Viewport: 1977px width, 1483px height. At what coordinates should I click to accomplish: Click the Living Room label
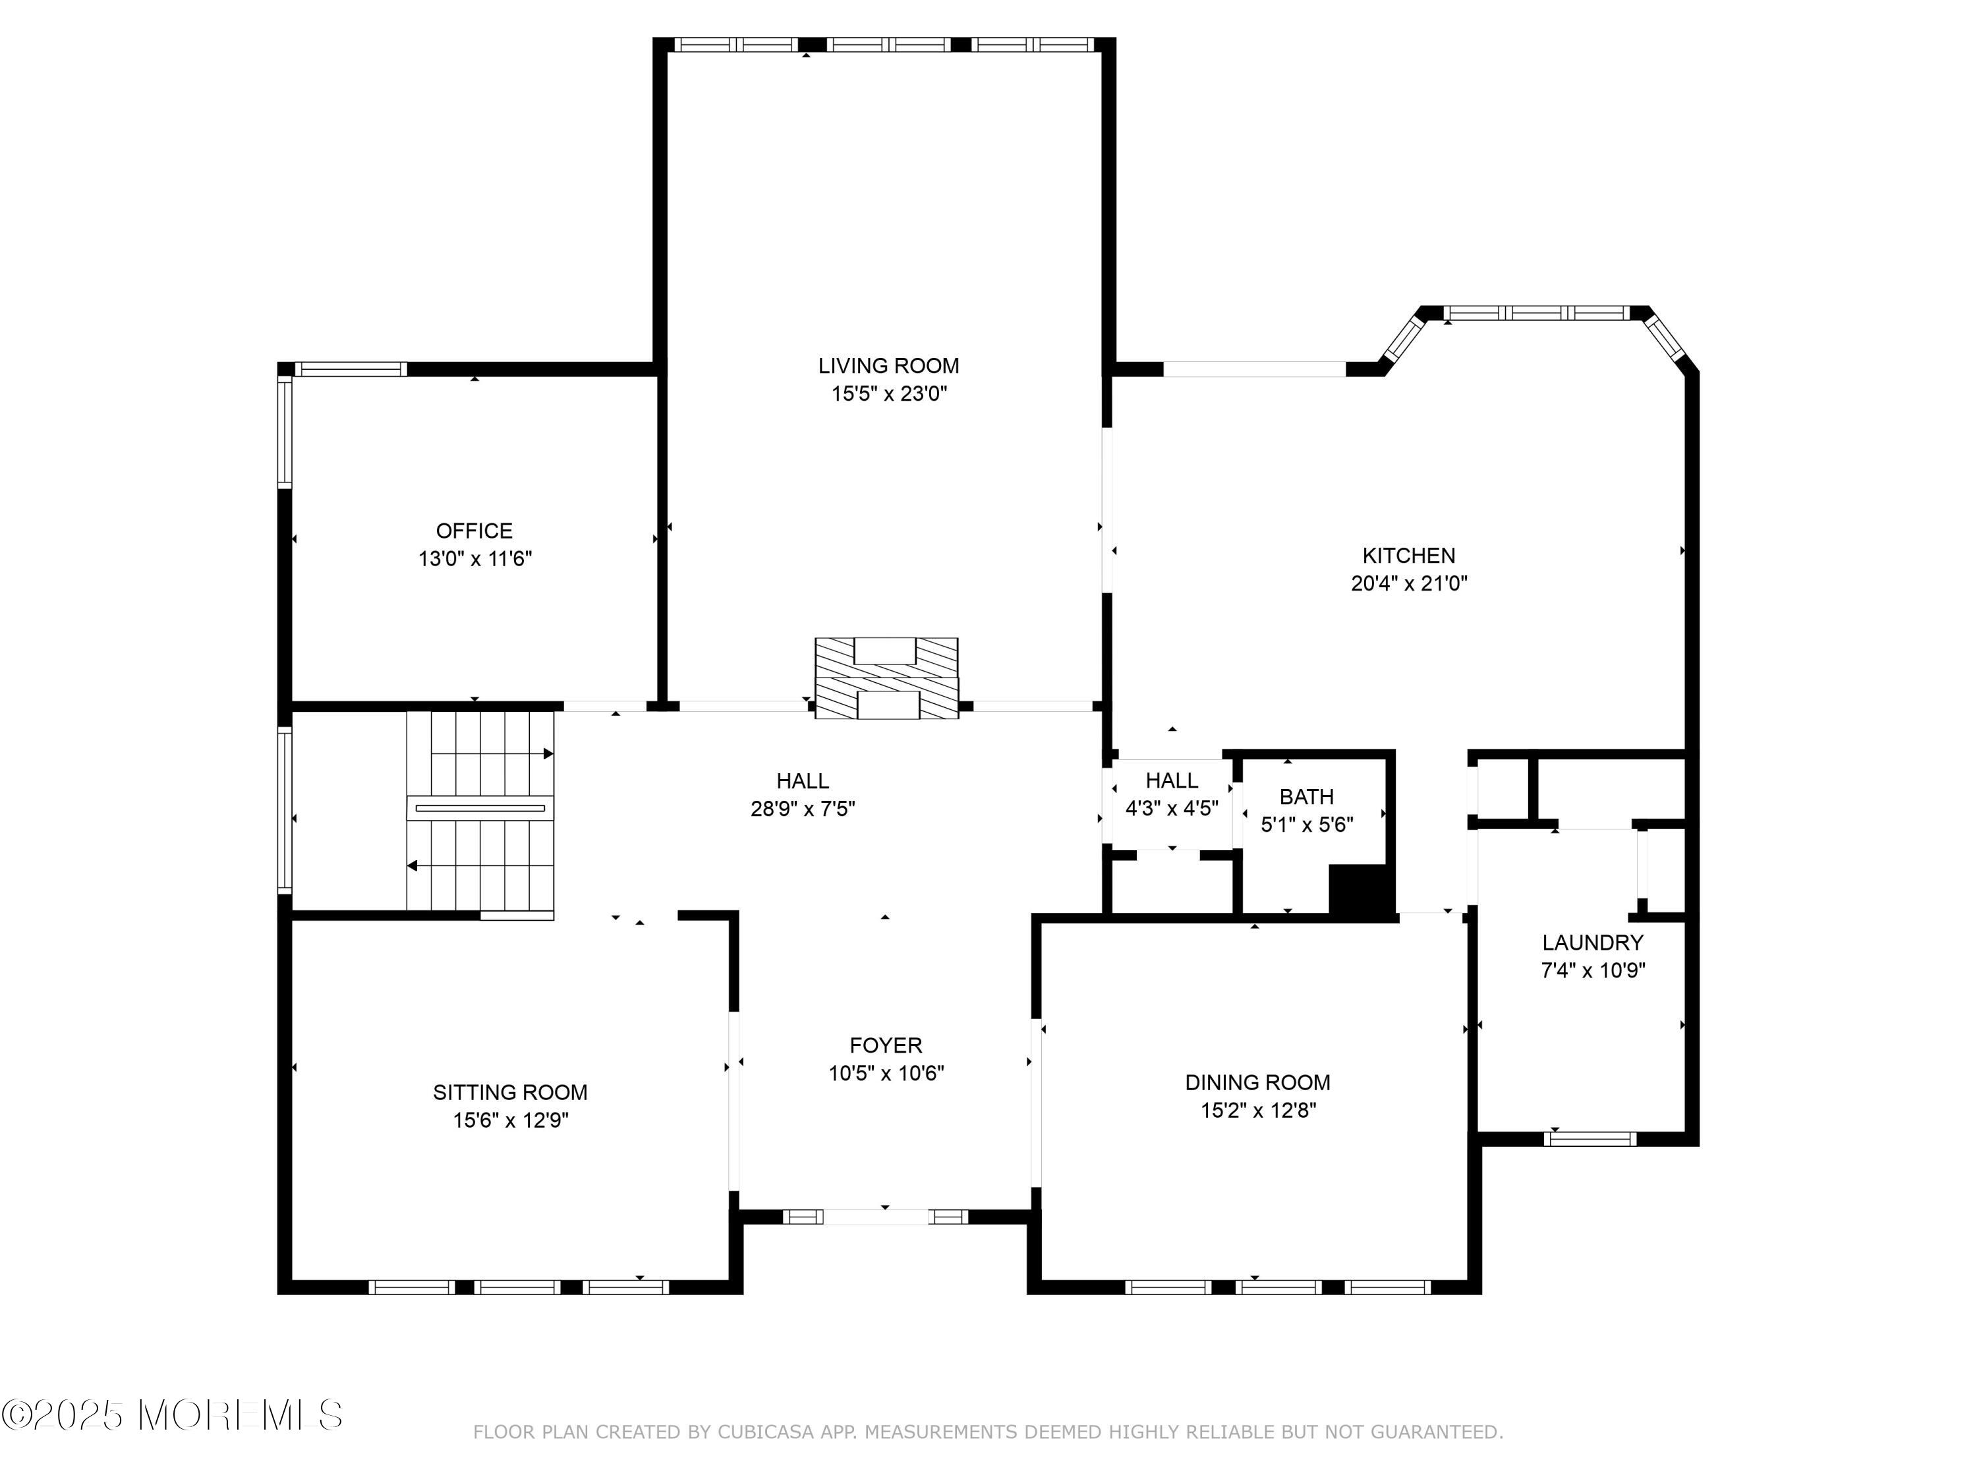tap(888, 366)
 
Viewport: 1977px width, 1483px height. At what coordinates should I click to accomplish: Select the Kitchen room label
tap(1408, 555)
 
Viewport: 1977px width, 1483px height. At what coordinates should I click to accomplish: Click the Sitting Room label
tap(510, 1092)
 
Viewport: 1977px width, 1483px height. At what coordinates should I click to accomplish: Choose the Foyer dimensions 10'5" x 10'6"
tap(886, 1072)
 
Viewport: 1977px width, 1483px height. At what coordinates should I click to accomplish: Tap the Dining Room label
tap(1257, 1082)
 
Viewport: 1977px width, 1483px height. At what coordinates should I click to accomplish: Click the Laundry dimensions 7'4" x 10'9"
tap(1593, 970)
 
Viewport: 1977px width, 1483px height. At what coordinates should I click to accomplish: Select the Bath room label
tap(1307, 796)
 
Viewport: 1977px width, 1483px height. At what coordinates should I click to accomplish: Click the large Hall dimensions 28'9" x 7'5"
tap(803, 809)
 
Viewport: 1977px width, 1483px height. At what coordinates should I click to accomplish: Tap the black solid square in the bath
tap(1361, 890)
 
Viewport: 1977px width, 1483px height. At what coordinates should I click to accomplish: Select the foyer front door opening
tap(876, 1217)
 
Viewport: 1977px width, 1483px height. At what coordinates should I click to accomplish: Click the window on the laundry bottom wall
tap(1590, 1139)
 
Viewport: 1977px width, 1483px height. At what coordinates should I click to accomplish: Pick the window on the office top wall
tap(351, 369)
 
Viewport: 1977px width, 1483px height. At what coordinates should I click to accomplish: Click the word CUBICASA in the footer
tap(766, 1432)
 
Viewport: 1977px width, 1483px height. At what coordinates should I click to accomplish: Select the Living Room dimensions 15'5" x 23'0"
tap(889, 394)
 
